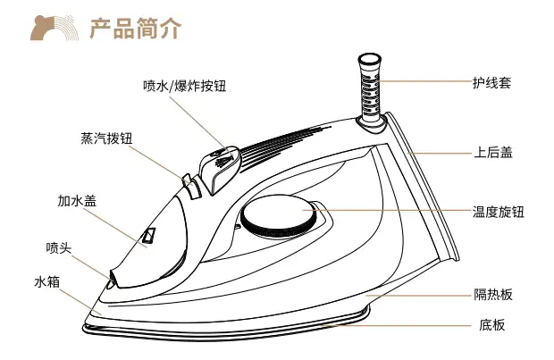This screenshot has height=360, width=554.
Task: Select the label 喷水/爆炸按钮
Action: click(x=184, y=86)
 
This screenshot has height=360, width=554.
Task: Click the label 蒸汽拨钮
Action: click(x=105, y=139)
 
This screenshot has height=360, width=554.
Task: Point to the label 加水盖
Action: click(x=77, y=201)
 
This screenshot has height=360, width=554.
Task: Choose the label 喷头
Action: click(x=59, y=246)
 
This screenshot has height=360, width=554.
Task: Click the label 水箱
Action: click(x=46, y=281)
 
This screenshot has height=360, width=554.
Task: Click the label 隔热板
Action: click(x=492, y=294)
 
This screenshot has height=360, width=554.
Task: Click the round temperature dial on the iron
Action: click(x=279, y=218)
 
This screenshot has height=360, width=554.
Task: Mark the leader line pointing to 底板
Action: click(x=402, y=326)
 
